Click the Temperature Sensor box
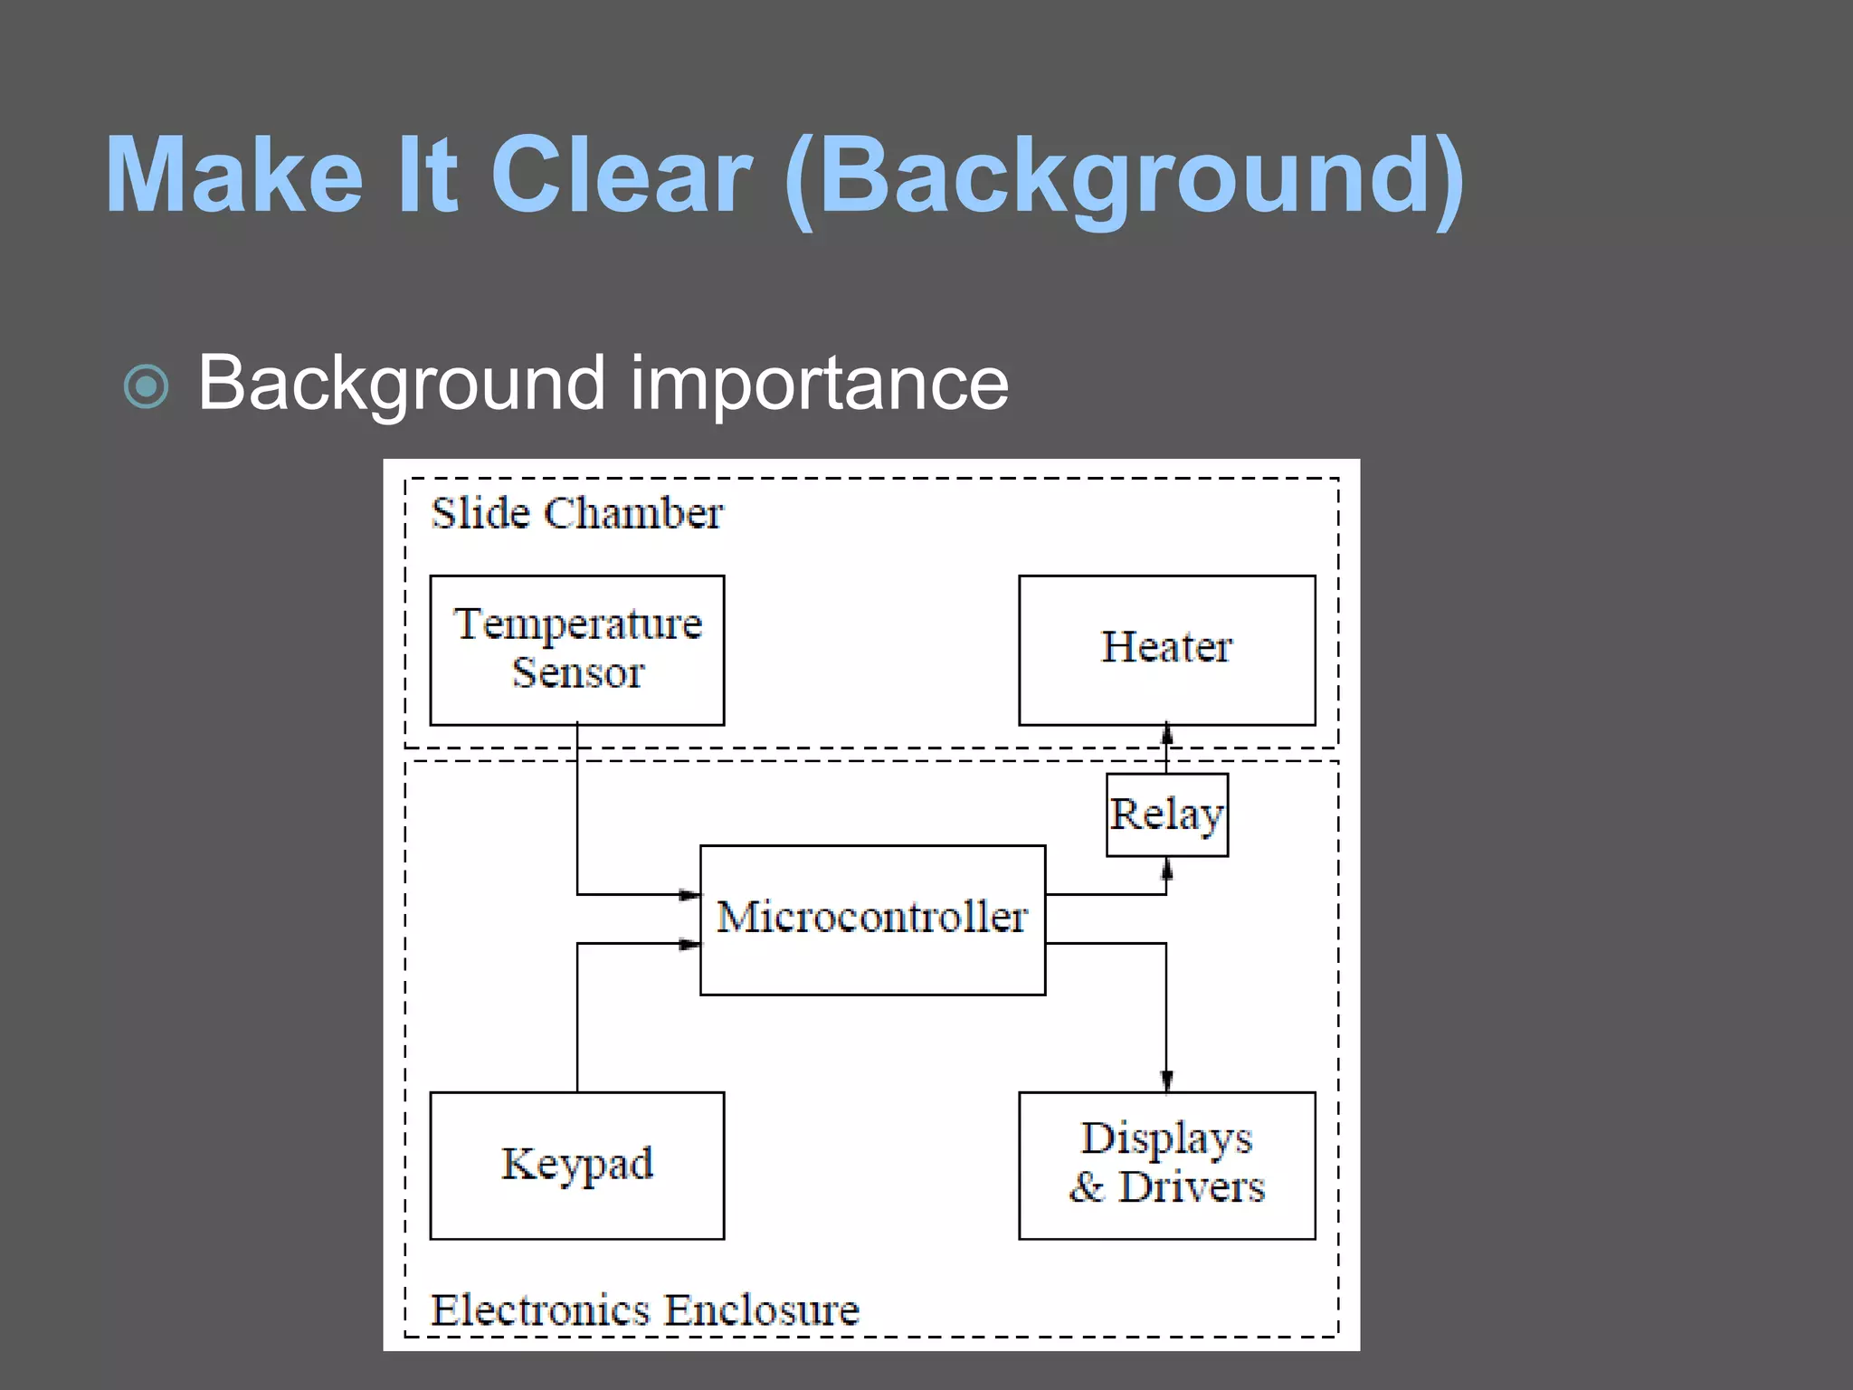pos(577,650)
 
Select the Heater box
pos(1166,650)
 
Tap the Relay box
pos(1166,814)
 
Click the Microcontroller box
pos(872,919)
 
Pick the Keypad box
pos(577,1165)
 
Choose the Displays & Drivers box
pos(1166,1165)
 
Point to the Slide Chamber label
pos(577,514)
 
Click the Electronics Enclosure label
pos(644,1310)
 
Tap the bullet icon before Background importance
pos(147,387)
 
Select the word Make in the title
pos(233,175)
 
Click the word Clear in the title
pos(621,175)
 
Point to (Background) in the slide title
pos(1123,176)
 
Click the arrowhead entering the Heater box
pos(1166,734)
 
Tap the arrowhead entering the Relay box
pos(1166,869)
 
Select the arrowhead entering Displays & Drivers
pos(1166,1081)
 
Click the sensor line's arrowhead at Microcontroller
pos(689,895)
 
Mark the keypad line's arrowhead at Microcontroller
pos(689,944)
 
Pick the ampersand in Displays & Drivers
pos(1087,1187)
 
